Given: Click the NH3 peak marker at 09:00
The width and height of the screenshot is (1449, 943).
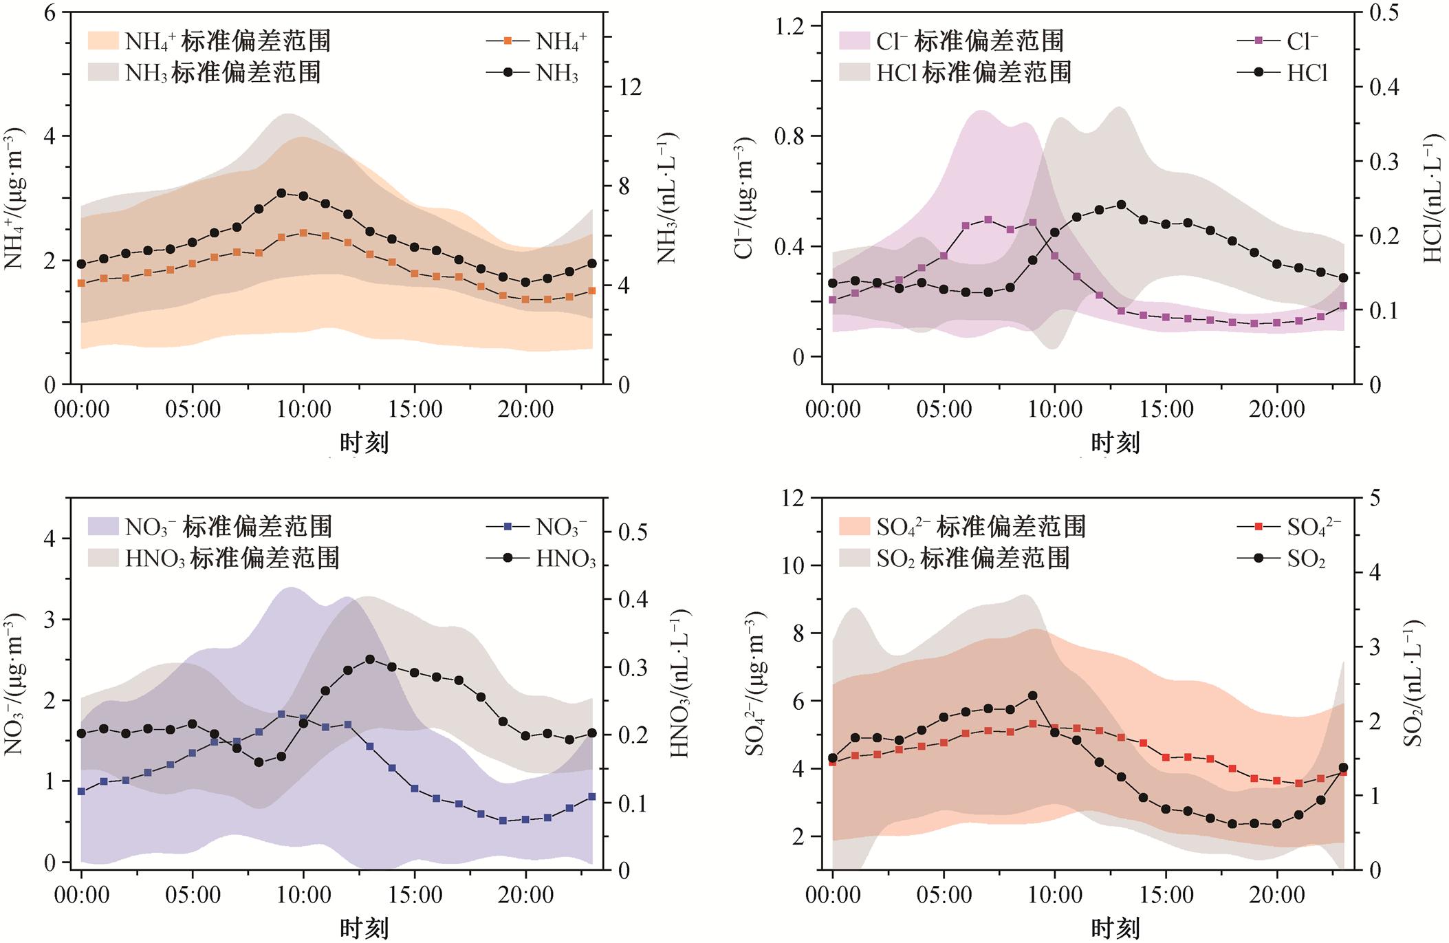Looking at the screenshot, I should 281,193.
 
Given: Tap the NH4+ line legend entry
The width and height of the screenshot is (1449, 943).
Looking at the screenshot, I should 536,41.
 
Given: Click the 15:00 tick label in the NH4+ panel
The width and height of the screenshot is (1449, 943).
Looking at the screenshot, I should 415,410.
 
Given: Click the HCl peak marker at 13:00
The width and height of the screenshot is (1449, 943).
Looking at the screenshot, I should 1121,205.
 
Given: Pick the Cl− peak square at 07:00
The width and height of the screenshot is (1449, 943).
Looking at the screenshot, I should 988,219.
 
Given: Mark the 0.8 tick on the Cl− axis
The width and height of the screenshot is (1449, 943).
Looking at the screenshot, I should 797,136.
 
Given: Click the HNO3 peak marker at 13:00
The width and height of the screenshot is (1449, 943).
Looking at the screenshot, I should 370,659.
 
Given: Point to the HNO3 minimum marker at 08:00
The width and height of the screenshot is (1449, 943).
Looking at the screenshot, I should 259,762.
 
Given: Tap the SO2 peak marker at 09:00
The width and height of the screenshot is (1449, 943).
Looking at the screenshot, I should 1032,696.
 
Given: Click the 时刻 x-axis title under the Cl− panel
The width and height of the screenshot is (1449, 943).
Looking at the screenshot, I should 1115,443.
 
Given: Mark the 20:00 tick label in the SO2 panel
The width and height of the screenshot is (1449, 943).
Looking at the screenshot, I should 1276,896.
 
